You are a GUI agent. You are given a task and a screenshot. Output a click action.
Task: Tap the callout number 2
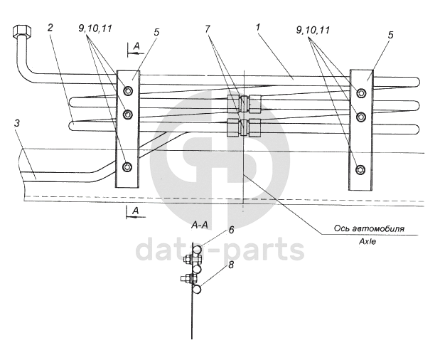tap(50, 28)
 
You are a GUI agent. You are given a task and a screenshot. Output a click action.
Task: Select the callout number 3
tap(16, 123)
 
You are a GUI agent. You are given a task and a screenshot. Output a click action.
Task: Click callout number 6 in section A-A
tap(231, 230)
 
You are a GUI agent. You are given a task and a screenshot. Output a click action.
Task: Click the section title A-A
tap(199, 224)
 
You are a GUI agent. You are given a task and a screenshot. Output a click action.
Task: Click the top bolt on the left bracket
tap(127, 90)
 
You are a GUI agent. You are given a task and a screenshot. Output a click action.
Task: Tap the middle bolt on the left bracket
tap(127, 115)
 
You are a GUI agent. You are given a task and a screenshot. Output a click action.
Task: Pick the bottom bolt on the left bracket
tap(127, 167)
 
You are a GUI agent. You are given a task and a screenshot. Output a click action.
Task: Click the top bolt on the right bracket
tap(360, 92)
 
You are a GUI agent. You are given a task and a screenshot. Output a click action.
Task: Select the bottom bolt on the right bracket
tap(360, 169)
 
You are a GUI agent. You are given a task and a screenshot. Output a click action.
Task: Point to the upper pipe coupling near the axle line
tap(244, 105)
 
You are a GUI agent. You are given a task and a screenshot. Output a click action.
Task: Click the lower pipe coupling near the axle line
tap(244, 128)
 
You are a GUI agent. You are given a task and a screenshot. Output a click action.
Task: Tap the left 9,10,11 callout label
tap(95, 29)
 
